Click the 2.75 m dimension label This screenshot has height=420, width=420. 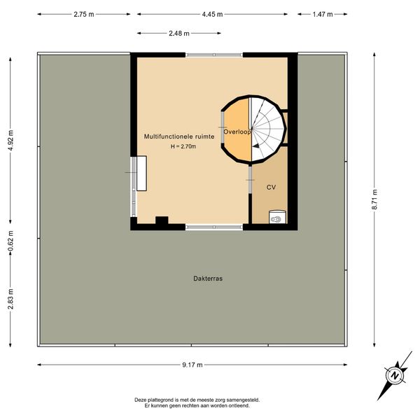(84, 14)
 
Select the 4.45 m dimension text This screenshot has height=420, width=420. (212, 14)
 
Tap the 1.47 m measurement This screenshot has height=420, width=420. (323, 14)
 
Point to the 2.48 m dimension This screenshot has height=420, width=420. (179, 33)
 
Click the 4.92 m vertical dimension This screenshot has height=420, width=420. (10, 141)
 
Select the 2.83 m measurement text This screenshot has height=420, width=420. (10, 299)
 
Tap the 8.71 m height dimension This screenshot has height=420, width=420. (374, 199)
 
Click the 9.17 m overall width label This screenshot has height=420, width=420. (192, 365)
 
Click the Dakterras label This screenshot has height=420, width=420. (208, 279)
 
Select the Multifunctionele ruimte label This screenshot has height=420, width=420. (179, 136)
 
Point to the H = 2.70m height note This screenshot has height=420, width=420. (183, 146)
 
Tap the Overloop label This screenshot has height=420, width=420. (237, 132)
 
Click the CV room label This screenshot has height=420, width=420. (271, 187)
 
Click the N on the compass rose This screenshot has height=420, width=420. (395, 375)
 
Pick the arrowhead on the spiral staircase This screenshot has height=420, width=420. (255, 146)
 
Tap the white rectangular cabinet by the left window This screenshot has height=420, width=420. (141, 174)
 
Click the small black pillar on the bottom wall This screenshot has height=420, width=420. (162, 220)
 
